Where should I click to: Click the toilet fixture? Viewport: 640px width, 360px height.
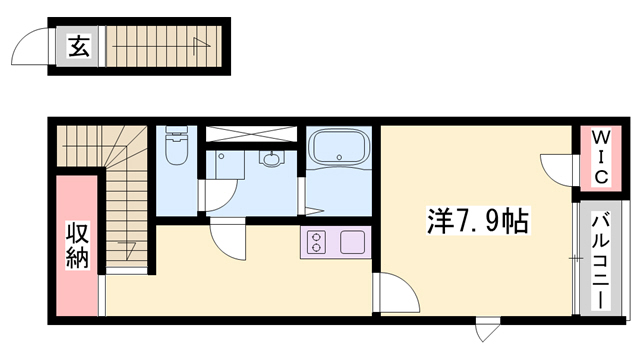click(176, 149)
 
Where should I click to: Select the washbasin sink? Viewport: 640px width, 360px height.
click(270, 157)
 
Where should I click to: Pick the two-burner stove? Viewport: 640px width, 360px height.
click(317, 242)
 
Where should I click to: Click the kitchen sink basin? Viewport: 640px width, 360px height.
click(353, 242)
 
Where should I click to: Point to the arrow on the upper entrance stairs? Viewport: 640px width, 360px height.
click(200, 42)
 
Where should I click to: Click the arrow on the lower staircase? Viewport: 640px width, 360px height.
click(127, 245)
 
